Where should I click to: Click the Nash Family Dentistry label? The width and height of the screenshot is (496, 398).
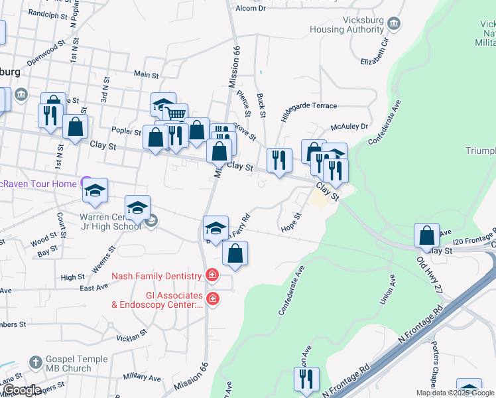click(156, 276)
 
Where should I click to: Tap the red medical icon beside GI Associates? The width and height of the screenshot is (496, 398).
click(212, 299)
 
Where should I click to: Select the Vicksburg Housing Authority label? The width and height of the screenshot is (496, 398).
click(347, 25)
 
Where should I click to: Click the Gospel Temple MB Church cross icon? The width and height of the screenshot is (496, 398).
click(36, 363)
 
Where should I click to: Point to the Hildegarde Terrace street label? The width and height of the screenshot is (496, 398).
click(309, 106)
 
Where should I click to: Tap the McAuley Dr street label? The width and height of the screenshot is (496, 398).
click(349, 126)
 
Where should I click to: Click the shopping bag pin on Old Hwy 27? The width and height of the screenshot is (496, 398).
click(426, 234)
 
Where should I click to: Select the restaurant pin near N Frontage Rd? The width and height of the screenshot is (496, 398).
click(306, 379)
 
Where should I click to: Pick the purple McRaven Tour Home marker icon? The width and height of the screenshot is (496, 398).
click(86, 181)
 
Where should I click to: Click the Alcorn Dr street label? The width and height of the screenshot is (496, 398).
click(251, 8)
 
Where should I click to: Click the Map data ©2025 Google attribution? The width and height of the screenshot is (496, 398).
click(455, 393)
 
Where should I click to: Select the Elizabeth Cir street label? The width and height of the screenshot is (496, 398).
click(373, 49)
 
